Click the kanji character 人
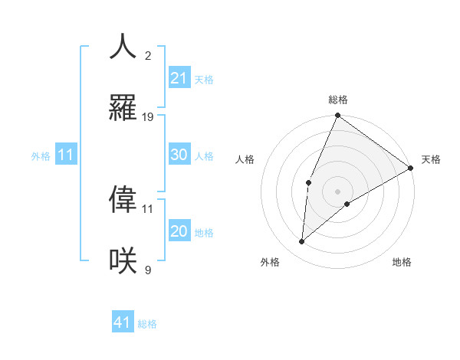click(x=123, y=47)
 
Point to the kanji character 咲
click(x=123, y=260)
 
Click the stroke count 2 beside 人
click(x=148, y=56)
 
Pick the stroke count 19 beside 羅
click(x=148, y=117)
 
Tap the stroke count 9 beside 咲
click(x=148, y=270)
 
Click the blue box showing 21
click(x=179, y=78)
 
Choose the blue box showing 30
click(x=179, y=155)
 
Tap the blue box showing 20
click(x=179, y=231)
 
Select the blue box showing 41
click(x=123, y=322)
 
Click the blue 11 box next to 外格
click(x=65, y=155)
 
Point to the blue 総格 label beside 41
click(x=147, y=324)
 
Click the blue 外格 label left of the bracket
click(x=41, y=156)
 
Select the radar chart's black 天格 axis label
click(x=431, y=159)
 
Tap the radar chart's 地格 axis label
click(x=402, y=262)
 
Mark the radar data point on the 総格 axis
click(x=337, y=116)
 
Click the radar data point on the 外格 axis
click(x=302, y=242)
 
